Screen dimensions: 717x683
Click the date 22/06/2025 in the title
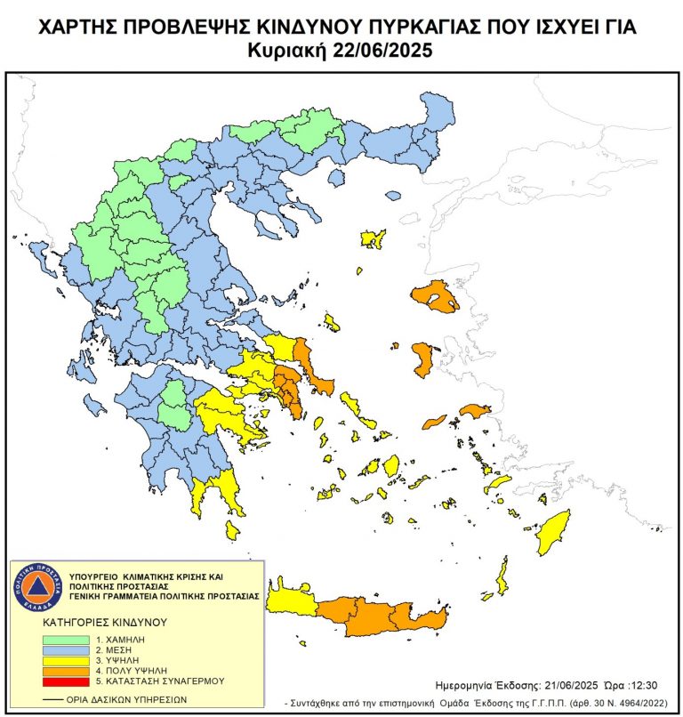tap(386, 51)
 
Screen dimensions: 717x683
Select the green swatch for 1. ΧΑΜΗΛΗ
tap(65, 639)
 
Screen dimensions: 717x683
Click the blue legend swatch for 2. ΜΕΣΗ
tap(65, 649)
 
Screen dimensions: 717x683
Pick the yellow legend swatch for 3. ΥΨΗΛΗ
tap(65, 660)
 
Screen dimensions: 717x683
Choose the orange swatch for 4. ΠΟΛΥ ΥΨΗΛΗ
tap(65, 670)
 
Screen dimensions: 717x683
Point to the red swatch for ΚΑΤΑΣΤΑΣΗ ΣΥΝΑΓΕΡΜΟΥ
tap(65, 681)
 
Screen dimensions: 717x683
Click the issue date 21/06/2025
tap(574, 686)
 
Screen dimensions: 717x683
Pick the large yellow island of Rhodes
tap(551, 532)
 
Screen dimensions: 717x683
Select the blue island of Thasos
tap(336, 179)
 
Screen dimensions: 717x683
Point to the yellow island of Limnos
tap(373, 238)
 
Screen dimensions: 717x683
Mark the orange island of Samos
tap(475, 410)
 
